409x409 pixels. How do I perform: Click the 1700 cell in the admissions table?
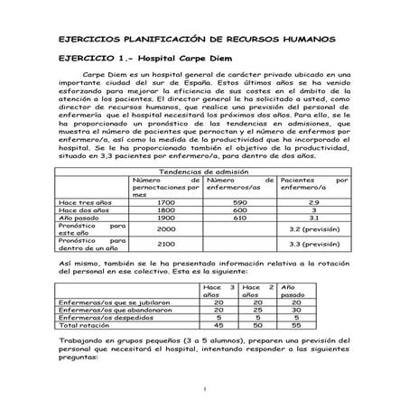click(x=165, y=202)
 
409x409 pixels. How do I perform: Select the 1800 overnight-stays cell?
click(x=165, y=210)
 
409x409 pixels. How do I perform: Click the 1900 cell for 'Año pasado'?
click(x=165, y=218)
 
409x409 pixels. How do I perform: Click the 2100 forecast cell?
click(x=165, y=244)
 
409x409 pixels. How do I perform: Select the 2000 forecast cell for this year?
click(x=165, y=230)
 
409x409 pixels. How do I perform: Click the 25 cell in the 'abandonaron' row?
click(x=257, y=310)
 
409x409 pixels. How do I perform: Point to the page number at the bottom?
click(x=205, y=389)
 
